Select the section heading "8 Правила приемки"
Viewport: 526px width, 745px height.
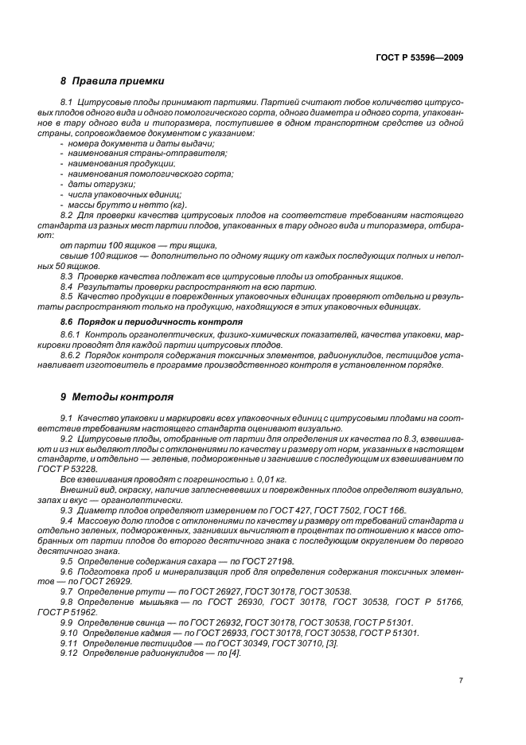(x=112, y=80)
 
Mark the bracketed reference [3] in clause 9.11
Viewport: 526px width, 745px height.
(x=331, y=642)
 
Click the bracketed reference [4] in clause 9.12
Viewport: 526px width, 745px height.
(x=234, y=653)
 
